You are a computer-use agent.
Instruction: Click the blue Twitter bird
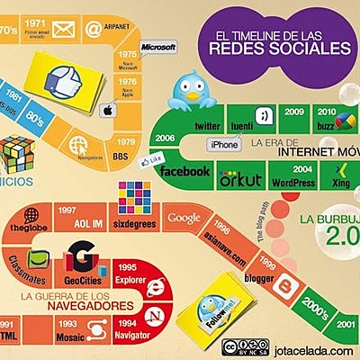click(x=193, y=88)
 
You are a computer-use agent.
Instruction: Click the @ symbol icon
click(x=92, y=29)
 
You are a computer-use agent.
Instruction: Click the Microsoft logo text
click(x=158, y=45)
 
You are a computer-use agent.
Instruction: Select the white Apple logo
click(x=107, y=112)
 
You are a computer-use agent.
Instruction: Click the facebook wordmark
click(x=185, y=171)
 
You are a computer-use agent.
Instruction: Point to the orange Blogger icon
click(x=290, y=287)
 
